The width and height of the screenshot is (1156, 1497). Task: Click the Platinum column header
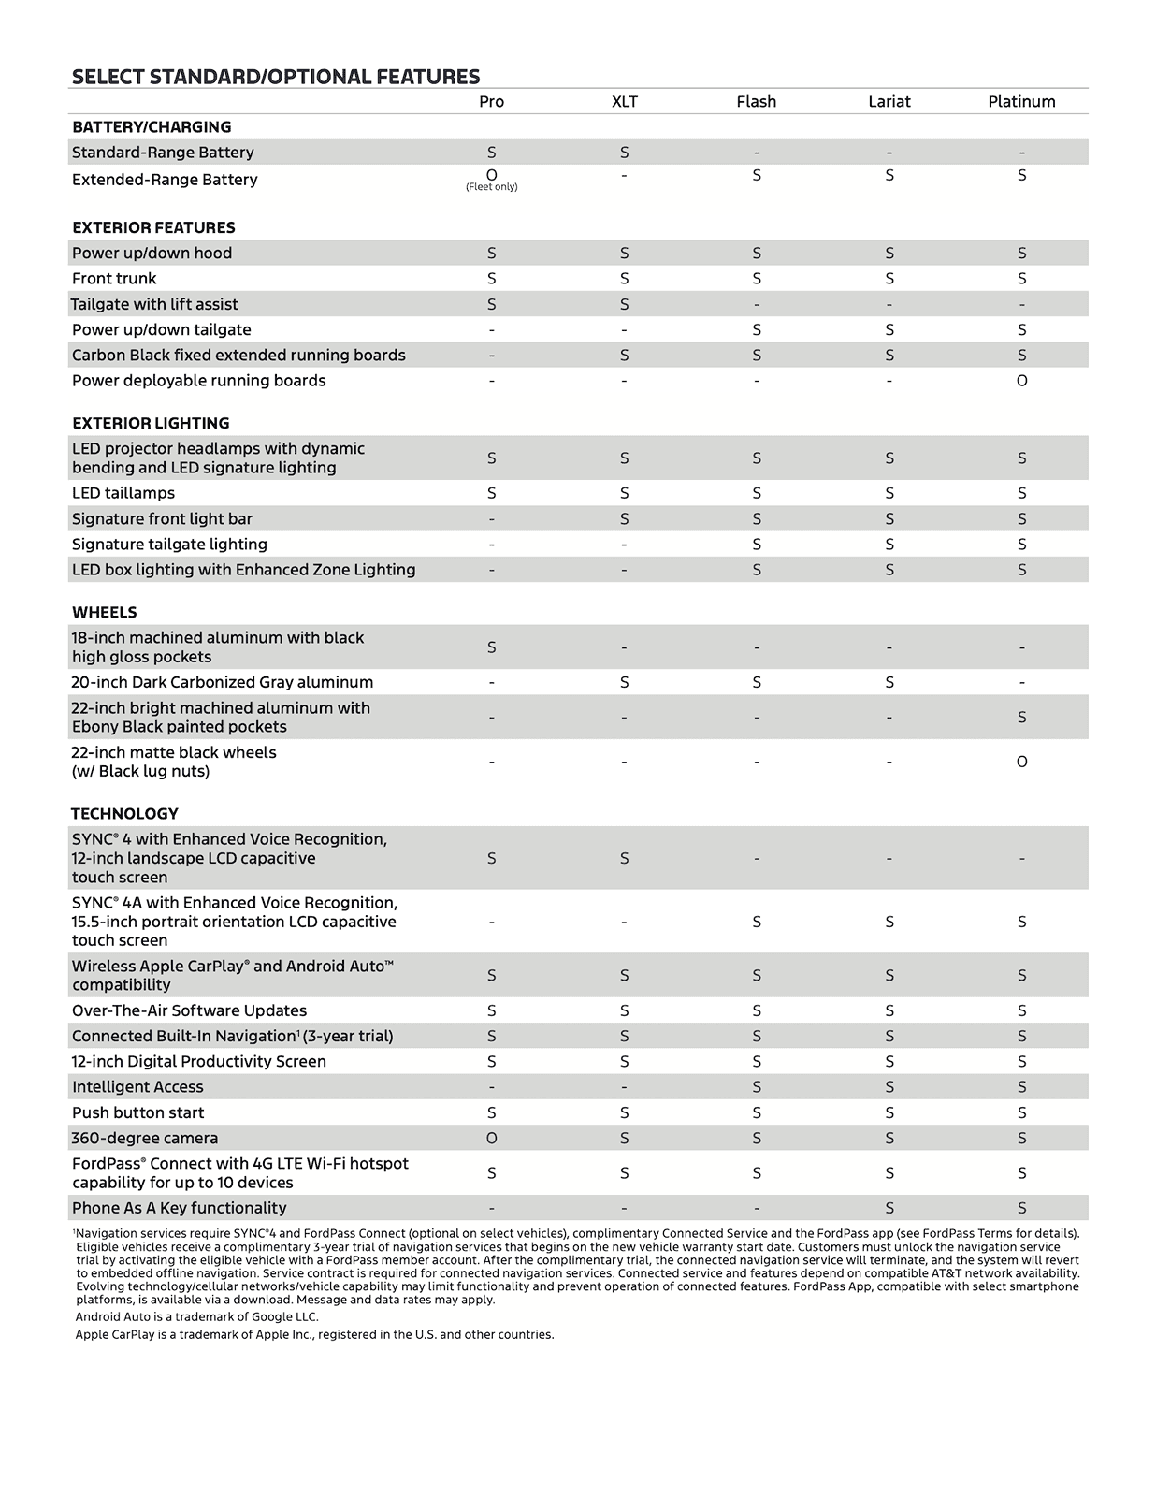(1021, 102)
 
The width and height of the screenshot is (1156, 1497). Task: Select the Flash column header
(756, 102)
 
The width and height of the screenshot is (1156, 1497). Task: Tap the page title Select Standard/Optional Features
(276, 77)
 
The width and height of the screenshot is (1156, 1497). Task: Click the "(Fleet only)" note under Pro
(491, 187)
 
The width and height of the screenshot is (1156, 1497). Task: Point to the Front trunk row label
(114, 279)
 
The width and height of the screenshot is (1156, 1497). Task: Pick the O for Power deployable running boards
(1021, 381)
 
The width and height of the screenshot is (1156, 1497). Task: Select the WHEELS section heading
(105, 612)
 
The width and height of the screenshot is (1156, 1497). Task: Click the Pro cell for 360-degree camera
(491, 1139)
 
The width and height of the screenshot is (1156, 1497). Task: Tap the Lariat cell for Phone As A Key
(889, 1208)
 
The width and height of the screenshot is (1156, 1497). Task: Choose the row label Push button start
(137, 1112)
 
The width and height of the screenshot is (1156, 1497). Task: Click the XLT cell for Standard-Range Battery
(624, 153)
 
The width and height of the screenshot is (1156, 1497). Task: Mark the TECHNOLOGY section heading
(124, 814)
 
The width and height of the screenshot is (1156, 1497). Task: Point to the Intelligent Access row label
(137, 1087)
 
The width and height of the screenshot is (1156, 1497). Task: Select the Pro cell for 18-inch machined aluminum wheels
(491, 647)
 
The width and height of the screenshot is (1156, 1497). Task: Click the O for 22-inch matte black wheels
(1021, 762)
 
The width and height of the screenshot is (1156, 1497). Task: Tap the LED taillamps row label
(123, 493)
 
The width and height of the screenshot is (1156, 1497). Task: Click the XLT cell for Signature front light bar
(624, 519)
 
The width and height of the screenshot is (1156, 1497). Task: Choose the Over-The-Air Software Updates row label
(189, 1010)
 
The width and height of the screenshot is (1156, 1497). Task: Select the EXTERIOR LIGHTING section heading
(151, 423)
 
